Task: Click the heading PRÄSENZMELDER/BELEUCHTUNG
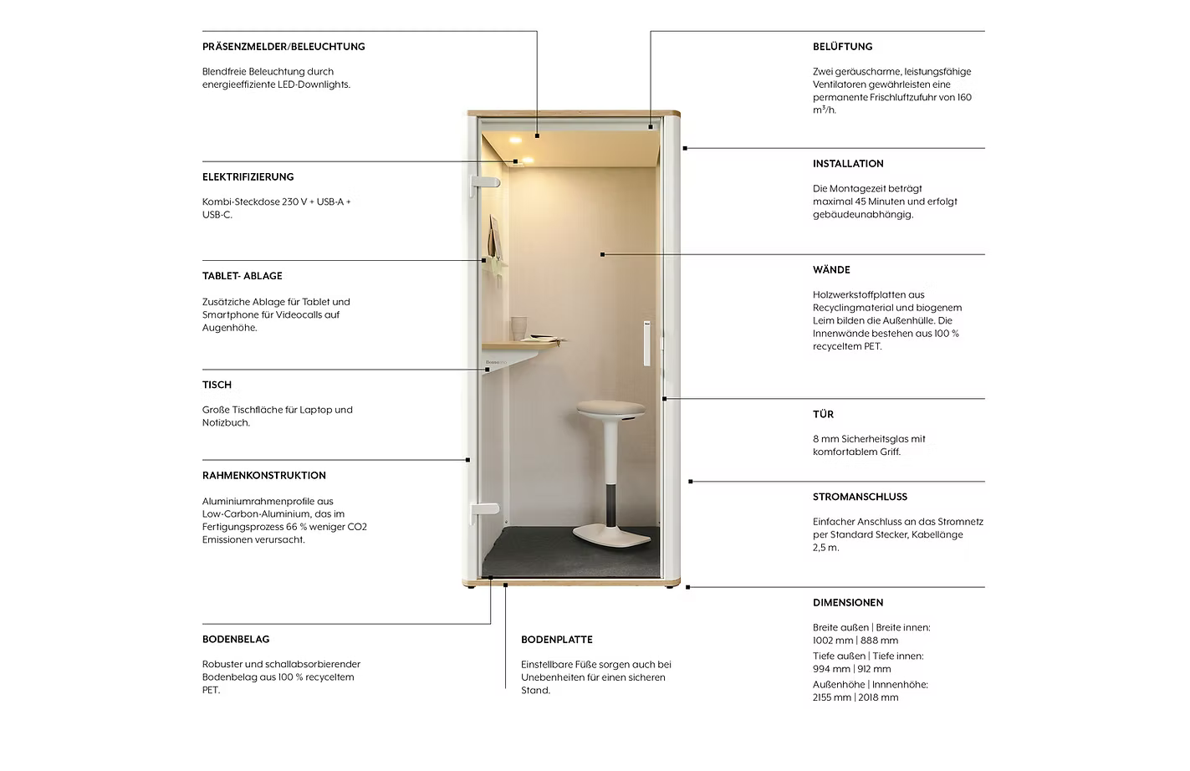click(283, 47)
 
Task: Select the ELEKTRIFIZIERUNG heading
click(248, 177)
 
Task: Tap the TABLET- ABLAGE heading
click(242, 276)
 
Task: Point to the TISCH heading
click(217, 385)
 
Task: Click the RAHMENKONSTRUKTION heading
click(263, 476)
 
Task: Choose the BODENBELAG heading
click(236, 640)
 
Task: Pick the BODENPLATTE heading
click(556, 640)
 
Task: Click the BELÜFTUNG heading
click(842, 47)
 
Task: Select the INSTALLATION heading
click(848, 164)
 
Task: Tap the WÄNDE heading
click(831, 270)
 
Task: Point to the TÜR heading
click(823, 414)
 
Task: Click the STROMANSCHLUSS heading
click(860, 497)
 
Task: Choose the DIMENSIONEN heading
click(848, 603)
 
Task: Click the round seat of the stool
click(611, 409)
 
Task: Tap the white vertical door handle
click(646, 343)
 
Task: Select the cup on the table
click(519, 328)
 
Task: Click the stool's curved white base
click(611, 535)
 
